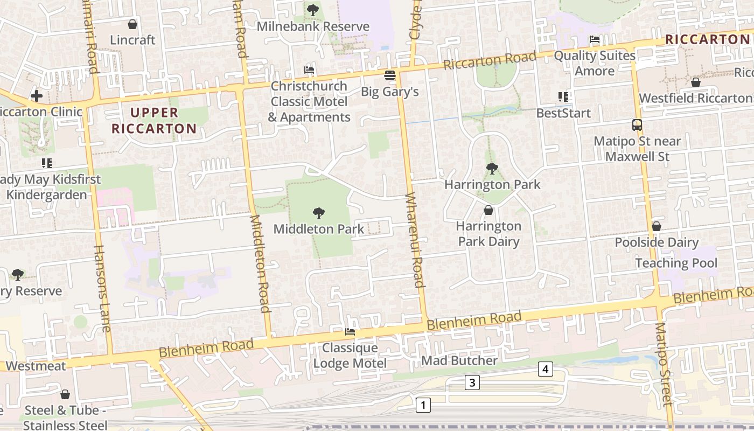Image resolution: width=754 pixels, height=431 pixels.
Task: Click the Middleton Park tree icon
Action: tap(319, 213)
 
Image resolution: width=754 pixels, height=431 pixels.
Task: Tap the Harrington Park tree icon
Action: tap(492, 169)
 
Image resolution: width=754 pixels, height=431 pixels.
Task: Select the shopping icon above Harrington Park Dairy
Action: tap(488, 210)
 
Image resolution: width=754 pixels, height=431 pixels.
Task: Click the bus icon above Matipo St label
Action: tap(637, 125)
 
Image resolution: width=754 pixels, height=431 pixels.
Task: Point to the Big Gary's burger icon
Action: tap(389, 75)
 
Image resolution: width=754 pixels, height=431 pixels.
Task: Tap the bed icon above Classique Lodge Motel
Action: tap(350, 332)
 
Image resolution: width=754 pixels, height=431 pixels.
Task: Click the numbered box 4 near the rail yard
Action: tap(546, 369)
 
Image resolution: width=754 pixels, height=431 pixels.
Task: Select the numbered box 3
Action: tap(472, 383)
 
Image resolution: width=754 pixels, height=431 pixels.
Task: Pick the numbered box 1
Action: tap(423, 405)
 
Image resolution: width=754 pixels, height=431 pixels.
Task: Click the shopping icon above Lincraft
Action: tap(132, 24)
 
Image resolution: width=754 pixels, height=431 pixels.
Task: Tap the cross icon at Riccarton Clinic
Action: tap(37, 96)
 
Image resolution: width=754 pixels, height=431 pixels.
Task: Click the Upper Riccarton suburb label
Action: tap(154, 121)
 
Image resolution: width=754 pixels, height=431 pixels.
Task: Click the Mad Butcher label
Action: tap(459, 360)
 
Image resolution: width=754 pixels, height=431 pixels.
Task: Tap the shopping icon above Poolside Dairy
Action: tap(656, 226)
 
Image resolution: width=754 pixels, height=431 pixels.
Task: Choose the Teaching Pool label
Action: tap(676, 263)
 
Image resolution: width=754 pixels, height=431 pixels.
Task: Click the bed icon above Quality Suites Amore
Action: tap(595, 39)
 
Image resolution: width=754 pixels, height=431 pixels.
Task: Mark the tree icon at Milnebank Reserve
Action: tap(312, 10)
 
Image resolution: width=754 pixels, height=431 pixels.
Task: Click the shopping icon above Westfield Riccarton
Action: tap(695, 82)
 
